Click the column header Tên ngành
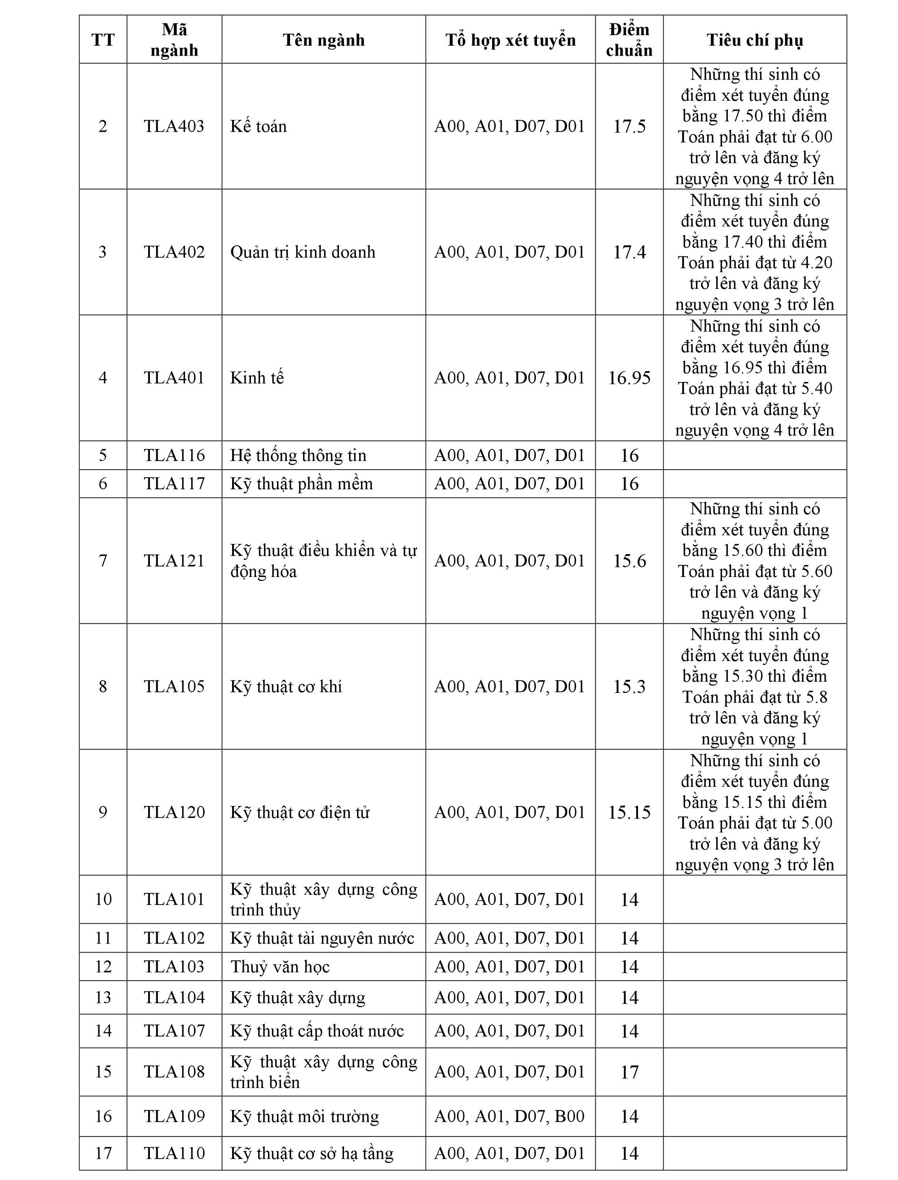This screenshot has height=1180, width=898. click(x=323, y=40)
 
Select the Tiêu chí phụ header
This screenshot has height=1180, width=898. click(x=754, y=40)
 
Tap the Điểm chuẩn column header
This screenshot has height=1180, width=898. click(x=629, y=40)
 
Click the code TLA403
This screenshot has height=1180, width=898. click(x=174, y=126)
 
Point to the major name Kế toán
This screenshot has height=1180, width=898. click(x=259, y=126)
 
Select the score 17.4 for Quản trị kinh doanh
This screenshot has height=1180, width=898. click(x=629, y=252)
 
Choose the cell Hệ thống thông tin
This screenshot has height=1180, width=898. click(x=298, y=455)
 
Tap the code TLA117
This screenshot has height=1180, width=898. click(x=174, y=484)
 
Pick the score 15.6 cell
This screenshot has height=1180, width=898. click(x=629, y=561)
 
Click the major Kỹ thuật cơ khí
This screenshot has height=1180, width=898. click(x=286, y=686)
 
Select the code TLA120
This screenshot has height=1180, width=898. click(x=174, y=812)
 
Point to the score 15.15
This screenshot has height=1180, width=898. click(x=629, y=812)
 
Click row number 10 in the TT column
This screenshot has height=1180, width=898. click(x=103, y=899)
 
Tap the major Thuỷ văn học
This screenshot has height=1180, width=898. click(x=280, y=967)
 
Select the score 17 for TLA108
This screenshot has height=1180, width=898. click(x=629, y=1072)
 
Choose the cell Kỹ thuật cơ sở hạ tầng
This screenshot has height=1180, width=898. click(x=312, y=1153)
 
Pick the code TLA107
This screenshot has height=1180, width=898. click(x=174, y=1031)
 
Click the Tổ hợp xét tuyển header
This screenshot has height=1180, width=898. click(x=511, y=40)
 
